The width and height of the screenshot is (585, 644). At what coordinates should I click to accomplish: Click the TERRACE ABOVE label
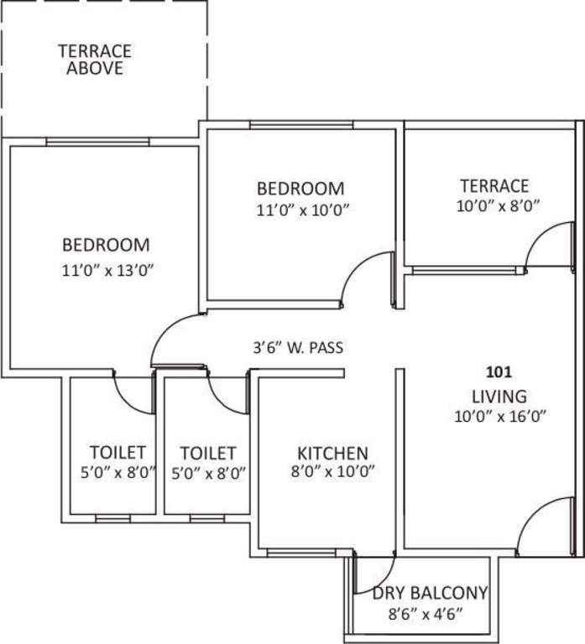[95, 60]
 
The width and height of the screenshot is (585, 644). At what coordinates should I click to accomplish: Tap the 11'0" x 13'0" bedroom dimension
[107, 271]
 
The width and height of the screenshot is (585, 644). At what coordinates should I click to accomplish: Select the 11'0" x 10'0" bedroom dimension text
[303, 210]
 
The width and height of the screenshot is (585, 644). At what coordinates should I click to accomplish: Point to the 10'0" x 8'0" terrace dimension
[498, 205]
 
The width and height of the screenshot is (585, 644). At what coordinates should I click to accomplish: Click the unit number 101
[499, 372]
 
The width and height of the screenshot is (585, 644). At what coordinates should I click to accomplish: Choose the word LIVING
[499, 397]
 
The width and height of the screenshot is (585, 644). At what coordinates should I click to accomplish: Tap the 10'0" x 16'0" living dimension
[500, 417]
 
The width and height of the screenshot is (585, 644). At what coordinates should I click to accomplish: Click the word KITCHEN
[332, 454]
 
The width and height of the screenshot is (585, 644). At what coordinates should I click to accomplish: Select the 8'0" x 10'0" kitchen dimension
[333, 471]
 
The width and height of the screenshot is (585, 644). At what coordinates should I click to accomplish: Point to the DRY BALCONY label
[430, 593]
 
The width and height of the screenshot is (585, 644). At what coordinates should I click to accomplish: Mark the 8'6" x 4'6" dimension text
[426, 615]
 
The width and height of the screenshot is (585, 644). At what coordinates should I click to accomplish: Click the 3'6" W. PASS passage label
[299, 348]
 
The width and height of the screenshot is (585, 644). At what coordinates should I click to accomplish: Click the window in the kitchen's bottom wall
[301, 553]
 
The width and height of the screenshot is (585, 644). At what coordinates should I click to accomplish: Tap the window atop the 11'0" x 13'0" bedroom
[98, 142]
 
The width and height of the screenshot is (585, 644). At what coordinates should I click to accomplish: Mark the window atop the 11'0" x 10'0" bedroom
[302, 125]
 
